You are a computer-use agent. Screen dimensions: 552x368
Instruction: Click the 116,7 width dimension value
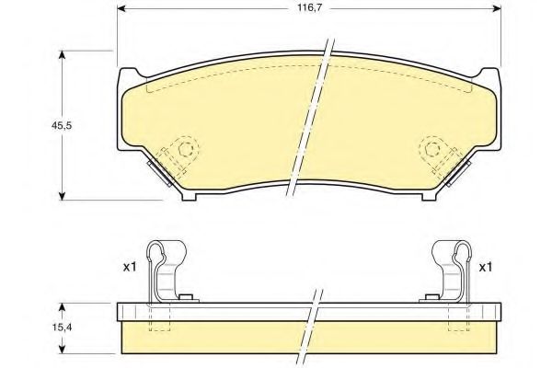(x=309, y=7)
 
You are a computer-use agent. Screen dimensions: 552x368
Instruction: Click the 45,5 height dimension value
(x=62, y=125)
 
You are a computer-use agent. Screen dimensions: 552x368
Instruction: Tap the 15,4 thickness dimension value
(x=62, y=328)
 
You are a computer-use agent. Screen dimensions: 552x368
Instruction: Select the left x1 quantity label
(x=130, y=268)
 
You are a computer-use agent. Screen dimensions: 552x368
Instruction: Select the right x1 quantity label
(x=486, y=268)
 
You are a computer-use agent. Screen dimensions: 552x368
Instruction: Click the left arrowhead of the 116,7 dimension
(x=121, y=8)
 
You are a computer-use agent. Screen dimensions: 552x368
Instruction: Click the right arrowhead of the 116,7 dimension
(x=496, y=8)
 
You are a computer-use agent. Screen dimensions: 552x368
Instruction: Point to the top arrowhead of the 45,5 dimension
(x=63, y=55)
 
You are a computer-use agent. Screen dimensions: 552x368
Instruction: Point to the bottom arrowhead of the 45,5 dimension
(x=63, y=195)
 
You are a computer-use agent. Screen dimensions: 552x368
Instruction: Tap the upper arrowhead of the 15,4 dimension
(x=62, y=307)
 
